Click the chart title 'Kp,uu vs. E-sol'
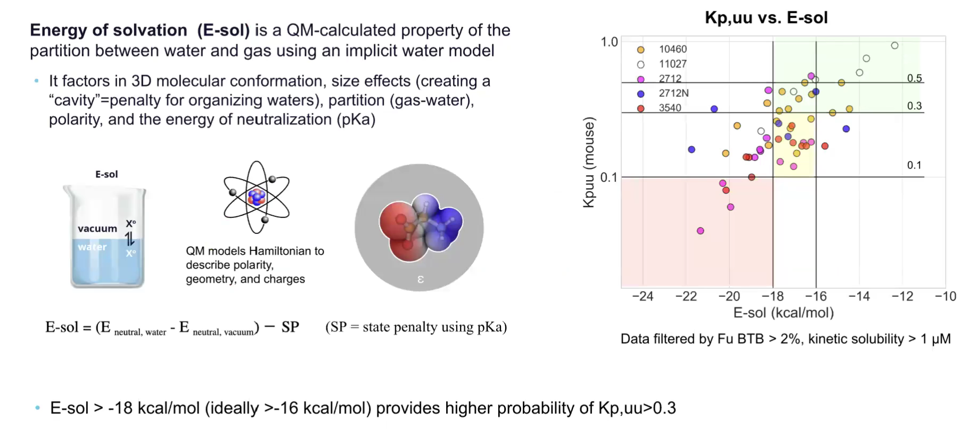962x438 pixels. click(x=766, y=18)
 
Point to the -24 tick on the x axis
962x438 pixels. click(x=642, y=296)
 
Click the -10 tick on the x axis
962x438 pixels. click(x=945, y=296)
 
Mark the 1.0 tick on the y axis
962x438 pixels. click(x=609, y=42)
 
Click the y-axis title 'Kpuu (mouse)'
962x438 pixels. click(x=588, y=162)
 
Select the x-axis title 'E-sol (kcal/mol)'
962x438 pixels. click(x=783, y=313)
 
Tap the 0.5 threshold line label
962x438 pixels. click(x=914, y=78)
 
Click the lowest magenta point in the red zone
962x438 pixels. click(x=701, y=231)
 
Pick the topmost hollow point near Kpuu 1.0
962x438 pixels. click(x=894, y=46)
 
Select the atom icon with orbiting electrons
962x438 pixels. click(x=257, y=198)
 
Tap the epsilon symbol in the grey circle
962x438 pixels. click(x=420, y=279)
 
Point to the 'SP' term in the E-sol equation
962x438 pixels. click(x=290, y=327)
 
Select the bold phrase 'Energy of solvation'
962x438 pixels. click(x=109, y=30)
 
